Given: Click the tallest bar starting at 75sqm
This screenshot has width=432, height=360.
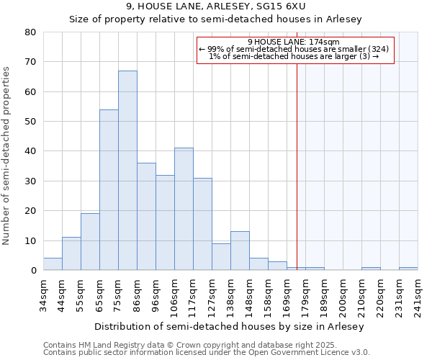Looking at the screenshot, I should click(127, 171).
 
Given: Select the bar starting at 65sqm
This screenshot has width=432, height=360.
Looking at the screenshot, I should click(109, 190).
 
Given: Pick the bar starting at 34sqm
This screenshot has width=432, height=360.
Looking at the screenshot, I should click(53, 264).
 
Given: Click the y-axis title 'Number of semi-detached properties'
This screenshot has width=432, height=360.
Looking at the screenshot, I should click(7, 155).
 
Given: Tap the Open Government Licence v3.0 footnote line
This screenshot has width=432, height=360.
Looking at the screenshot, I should click(207, 352).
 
